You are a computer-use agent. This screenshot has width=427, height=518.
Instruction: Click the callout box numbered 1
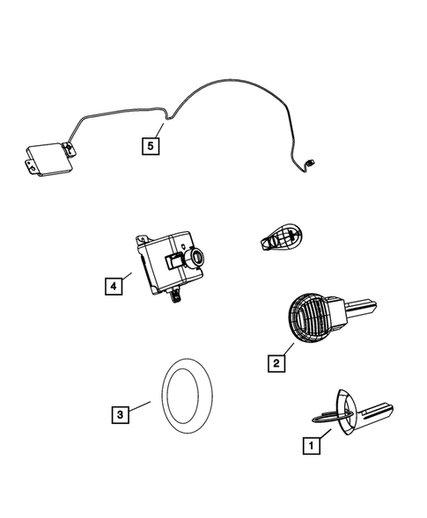(x=309, y=447)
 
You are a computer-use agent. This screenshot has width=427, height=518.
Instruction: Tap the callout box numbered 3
(x=120, y=412)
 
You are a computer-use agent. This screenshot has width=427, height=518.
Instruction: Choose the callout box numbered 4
(x=111, y=285)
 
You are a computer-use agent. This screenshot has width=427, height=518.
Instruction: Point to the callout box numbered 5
(x=151, y=144)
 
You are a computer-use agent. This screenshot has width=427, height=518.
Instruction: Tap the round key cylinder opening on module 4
(x=195, y=259)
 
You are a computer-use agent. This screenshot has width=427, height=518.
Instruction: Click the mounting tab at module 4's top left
(x=142, y=237)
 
